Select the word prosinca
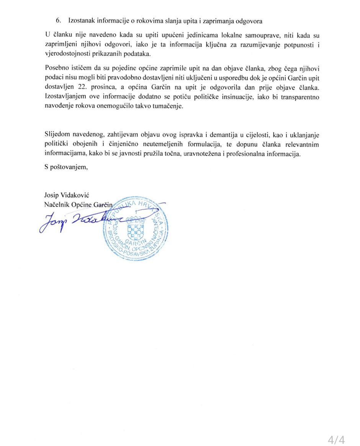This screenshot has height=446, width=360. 109,87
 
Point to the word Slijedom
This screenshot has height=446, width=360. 57,135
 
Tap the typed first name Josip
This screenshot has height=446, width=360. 52,195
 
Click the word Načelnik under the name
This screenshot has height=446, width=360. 57,204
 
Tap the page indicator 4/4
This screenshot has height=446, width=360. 336,439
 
